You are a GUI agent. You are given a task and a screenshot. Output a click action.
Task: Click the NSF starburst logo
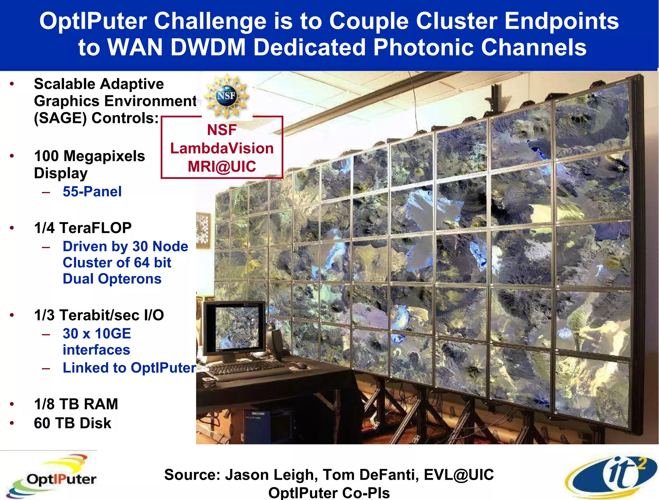click(x=227, y=96)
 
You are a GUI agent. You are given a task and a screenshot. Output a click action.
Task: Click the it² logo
click(x=611, y=476)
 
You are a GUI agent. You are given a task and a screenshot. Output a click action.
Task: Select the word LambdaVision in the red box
click(x=222, y=148)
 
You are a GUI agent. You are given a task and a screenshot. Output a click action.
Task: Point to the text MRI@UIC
click(x=222, y=166)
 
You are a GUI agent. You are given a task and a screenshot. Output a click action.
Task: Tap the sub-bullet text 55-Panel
click(x=92, y=192)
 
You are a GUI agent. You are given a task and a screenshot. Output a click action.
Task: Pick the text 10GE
click(x=113, y=334)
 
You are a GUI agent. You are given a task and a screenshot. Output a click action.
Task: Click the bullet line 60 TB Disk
click(x=72, y=423)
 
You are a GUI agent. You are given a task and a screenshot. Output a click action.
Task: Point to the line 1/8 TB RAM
click(x=76, y=404)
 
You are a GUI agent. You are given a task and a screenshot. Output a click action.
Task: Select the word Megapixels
click(x=104, y=156)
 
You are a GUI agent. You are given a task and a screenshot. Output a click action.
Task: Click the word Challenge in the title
click(x=210, y=21)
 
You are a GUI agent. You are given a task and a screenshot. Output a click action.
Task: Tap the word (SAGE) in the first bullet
click(x=60, y=118)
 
